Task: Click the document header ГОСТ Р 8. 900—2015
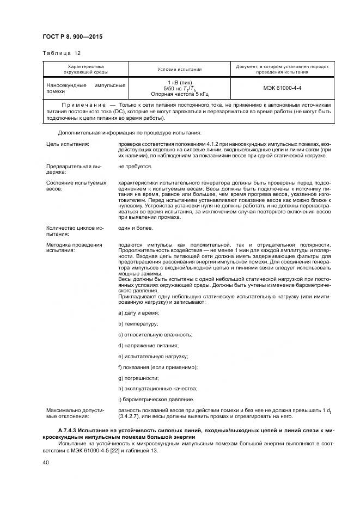pyautogui.click(x=72, y=36)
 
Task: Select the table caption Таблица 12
pyautogui.click(x=58, y=54)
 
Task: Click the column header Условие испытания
pyautogui.click(x=179, y=70)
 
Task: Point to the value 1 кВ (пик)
pyautogui.click(x=179, y=82)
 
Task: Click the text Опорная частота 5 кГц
pyautogui.click(x=179, y=94)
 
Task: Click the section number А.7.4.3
pyautogui.click(x=62, y=431)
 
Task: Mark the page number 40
pyautogui.click(x=46, y=462)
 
